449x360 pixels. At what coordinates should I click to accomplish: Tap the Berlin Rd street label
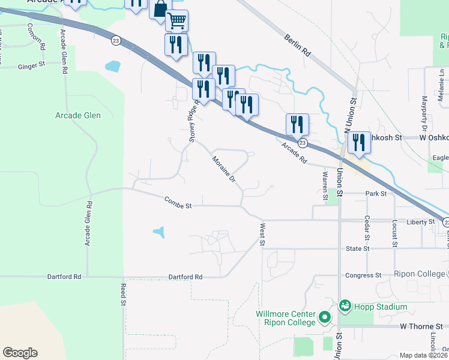298,44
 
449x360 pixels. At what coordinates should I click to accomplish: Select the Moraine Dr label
223,170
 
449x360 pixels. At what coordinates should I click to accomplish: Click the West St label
262,235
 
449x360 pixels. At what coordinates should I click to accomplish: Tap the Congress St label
364,275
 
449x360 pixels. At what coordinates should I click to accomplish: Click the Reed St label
122,294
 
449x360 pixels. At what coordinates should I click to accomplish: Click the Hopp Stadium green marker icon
345,306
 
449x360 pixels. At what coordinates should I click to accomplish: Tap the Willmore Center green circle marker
325,316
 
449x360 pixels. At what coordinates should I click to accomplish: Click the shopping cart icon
176,21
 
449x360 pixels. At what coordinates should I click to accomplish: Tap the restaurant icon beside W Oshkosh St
358,142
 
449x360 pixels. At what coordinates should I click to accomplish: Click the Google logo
20,353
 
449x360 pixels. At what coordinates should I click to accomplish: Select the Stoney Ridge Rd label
193,121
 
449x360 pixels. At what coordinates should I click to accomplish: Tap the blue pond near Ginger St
112,65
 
